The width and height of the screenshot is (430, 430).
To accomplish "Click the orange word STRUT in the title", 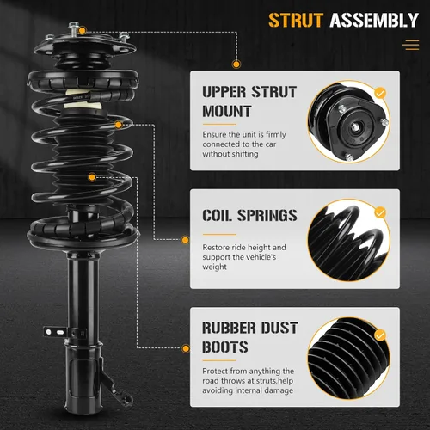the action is (296, 20).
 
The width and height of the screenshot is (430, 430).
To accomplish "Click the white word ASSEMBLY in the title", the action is (374, 20).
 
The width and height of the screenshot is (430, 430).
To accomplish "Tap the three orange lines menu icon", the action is (411, 46).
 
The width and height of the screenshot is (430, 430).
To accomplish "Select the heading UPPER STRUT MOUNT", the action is (249, 101).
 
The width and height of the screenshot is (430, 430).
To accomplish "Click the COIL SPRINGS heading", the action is (249, 215).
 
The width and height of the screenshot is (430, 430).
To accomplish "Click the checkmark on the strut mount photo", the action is (380, 93).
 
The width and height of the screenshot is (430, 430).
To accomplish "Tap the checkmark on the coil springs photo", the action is (380, 212).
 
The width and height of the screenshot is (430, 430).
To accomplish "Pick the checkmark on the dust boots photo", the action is (380, 335).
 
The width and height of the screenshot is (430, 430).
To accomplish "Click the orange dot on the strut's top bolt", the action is (82, 30).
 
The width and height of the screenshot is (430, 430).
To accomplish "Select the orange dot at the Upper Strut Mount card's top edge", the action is (236, 64).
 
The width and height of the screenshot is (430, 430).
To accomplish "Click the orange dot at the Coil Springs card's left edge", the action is (186, 240).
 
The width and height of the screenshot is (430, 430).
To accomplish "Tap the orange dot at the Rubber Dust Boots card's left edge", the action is (186, 348).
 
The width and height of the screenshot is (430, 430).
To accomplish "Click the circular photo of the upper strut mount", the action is (349, 122).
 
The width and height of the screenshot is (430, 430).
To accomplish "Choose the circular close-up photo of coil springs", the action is (349, 240).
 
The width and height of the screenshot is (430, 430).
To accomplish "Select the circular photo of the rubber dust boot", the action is (349, 359).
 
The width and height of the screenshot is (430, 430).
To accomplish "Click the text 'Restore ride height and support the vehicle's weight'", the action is (244, 257).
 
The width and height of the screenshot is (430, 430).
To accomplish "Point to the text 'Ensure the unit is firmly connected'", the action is (244, 139).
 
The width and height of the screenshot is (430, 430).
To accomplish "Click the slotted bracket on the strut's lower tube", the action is (55, 332).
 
